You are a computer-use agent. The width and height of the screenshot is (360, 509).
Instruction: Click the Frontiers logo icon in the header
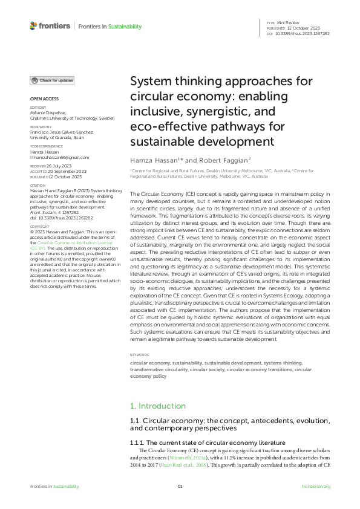[33, 26]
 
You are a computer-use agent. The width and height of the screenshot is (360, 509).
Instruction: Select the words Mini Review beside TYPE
[289, 22]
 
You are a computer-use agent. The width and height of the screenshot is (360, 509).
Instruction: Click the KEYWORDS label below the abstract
[140, 354]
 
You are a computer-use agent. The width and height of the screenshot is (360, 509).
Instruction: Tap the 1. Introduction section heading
[158, 406]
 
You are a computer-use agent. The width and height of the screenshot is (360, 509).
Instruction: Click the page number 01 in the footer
[180, 487]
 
